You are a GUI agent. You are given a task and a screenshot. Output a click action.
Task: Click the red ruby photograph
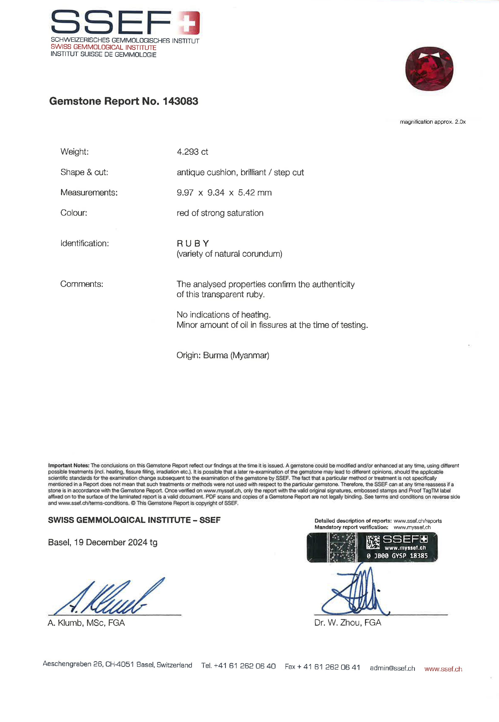tap(429, 69)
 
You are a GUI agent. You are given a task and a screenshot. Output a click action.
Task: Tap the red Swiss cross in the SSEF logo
tap(189, 22)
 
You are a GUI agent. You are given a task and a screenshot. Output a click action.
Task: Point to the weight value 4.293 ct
tap(192, 152)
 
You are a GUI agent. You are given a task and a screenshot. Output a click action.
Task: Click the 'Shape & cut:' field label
tap(84, 172)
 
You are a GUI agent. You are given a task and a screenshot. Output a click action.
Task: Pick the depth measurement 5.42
tap(246, 193)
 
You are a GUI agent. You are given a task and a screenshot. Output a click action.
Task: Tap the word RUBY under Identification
tap(193, 243)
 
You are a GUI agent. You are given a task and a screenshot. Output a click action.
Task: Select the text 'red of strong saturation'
tap(220, 213)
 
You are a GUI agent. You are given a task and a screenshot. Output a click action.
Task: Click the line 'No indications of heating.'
tap(223, 315)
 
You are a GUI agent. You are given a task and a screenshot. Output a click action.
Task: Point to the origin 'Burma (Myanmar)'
tap(236, 355)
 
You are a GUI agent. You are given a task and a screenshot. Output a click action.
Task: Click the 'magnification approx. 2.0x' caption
tap(432, 122)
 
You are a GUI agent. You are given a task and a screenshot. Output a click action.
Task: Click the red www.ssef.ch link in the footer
tap(443, 669)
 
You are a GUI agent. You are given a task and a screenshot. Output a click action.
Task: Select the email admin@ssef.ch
tap(392, 668)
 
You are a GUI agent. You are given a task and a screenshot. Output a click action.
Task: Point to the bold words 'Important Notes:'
tap(69, 466)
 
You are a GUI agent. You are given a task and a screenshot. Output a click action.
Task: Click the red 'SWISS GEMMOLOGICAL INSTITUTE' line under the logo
tap(103, 47)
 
